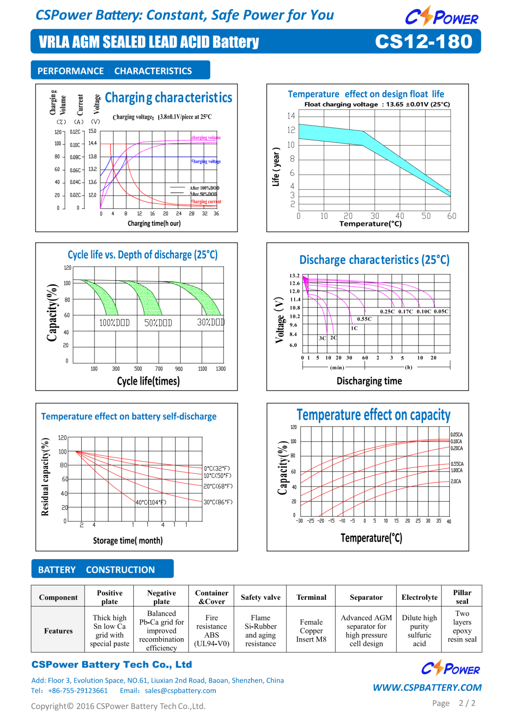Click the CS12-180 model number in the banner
coord(424,41)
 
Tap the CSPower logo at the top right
coord(441,17)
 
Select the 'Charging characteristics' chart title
coord(168,98)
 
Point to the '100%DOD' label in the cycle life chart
coord(115,323)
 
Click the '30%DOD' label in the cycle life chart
coord(211,322)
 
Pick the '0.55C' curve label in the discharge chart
coord(364,319)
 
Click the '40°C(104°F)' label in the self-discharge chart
coord(151,502)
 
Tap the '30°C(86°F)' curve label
coord(218,502)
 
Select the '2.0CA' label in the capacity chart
coord(456,481)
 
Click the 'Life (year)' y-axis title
coord(276,167)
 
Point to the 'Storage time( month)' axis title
coord(128,541)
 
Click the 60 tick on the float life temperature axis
coord(451,216)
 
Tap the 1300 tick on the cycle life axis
coord(221,368)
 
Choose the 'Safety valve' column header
coord(260,597)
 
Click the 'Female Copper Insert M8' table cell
coord(311,631)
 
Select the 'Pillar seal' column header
coord(462,597)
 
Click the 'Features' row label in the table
coord(58,631)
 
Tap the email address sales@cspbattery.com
coord(180,690)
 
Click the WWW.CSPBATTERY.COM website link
coord(427,687)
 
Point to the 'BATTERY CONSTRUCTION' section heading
coord(97,570)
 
